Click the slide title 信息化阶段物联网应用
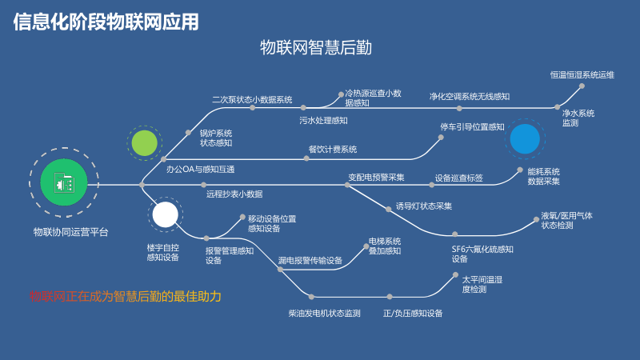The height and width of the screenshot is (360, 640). pyautogui.click(x=106, y=22)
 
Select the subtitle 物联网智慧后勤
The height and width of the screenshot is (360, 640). pyautogui.click(x=316, y=48)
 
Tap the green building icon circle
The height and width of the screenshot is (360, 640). pyautogui.click(x=64, y=183)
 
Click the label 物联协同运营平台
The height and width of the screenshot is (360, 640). pyautogui.click(x=70, y=232)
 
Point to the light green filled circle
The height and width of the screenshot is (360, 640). pyautogui.click(x=145, y=142)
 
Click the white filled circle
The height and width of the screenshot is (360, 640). pyautogui.click(x=165, y=214)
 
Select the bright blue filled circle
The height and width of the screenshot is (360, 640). pyautogui.click(x=525, y=138)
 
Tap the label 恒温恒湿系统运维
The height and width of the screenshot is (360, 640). pyautogui.click(x=582, y=74)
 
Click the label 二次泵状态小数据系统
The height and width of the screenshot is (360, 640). pyautogui.click(x=252, y=100)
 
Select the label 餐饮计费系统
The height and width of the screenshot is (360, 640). pyautogui.click(x=332, y=149)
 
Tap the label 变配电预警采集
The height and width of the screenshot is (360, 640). pyautogui.click(x=376, y=177)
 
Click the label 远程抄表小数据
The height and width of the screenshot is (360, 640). pyautogui.click(x=234, y=194)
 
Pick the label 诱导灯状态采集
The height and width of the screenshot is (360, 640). pyautogui.click(x=423, y=206)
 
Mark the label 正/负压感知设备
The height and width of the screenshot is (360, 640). pyautogui.click(x=413, y=313)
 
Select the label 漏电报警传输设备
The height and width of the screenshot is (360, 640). pyautogui.click(x=310, y=260)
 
